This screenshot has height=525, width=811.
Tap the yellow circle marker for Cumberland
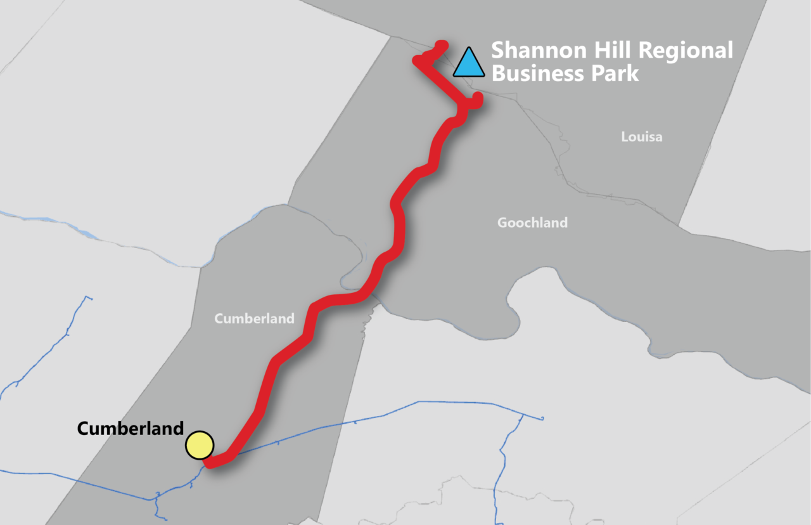click(200, 445)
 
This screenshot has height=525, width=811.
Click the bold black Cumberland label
click(130, 429)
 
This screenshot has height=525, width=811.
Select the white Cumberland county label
click(254, 318)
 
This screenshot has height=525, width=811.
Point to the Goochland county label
click(532, 223)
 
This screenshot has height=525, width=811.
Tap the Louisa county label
click(641, 137)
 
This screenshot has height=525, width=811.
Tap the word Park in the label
click(614, 74)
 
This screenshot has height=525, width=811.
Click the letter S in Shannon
click(498, 50)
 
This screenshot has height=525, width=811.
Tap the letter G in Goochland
click(502, 223)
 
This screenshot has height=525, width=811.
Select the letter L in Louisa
click(624, 137)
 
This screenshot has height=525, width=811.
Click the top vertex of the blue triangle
click(469, 48)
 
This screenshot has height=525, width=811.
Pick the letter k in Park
click(633, 74)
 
